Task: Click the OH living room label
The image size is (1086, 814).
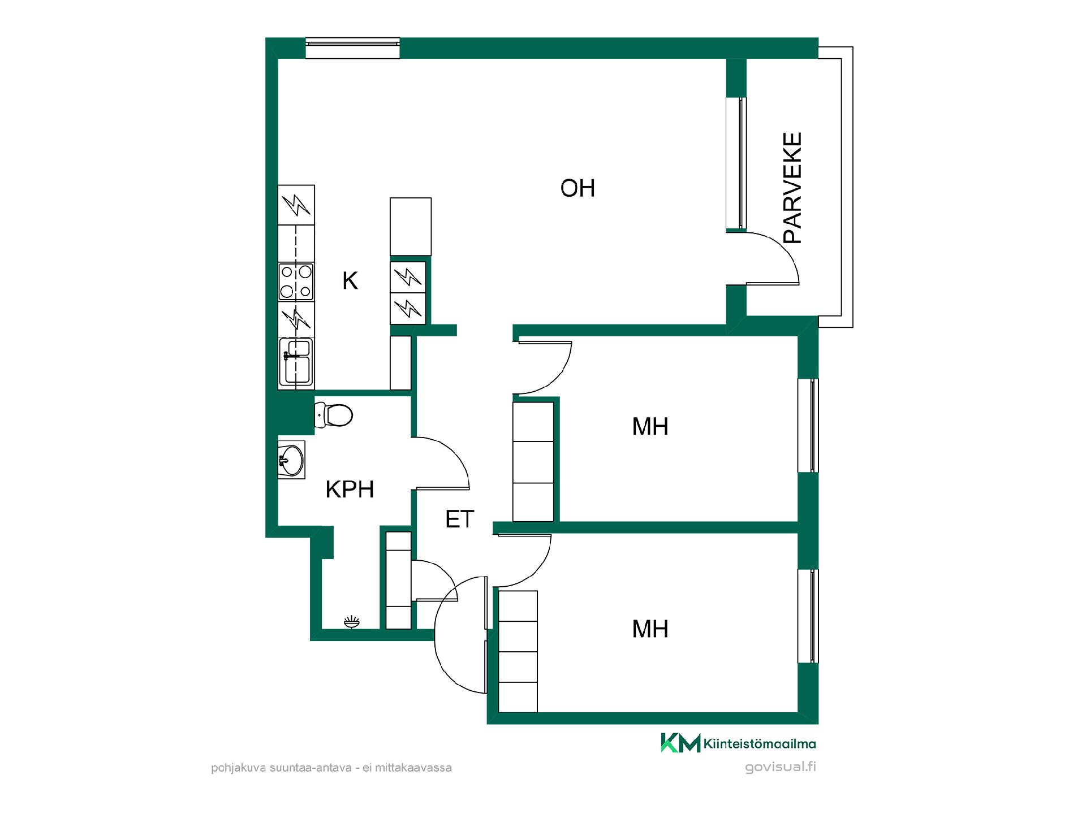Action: pyautogui.click(x=578, y=188)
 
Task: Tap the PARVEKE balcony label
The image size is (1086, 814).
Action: pyautogui.click(x=793, y=188)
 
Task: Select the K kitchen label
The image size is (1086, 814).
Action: pyautogui.click(x=350, y=281)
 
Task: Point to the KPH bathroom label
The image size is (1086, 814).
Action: pyautogui.click(x=350, y=490)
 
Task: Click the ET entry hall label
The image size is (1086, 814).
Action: pyautogui.click(x=459, y=519)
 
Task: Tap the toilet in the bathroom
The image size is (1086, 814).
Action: pyautogui.click(x=333, y=415)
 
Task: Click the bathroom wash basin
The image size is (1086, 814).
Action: pyautogui.click(x=291, y=460)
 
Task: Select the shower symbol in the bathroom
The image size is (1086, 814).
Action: pyautogui.click(x=351, y=622)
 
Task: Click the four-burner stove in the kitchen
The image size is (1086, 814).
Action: pyautogui.click(x=296, y=282)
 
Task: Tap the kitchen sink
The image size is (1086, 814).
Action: pyautogui.click(x=296, y=362)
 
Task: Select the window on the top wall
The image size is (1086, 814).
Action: pyautogui.click(x=352, y=48)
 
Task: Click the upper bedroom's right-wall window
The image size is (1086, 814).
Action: pyautogui.click(x=808, y=425)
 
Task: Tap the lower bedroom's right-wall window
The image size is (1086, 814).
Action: pyautogui.click(x=808, y=616)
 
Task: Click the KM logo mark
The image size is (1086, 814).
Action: pyautogui.click(x=680, y=743)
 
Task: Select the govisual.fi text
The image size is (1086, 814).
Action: pyautogui.click(x=781, y=767)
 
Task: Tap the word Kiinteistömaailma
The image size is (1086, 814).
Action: pyautogui.click(x=760, y=744)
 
